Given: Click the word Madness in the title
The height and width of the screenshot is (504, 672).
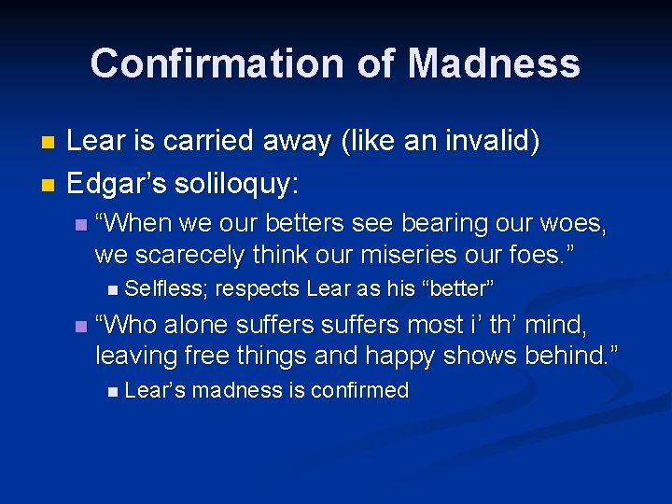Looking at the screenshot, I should pos(494,63).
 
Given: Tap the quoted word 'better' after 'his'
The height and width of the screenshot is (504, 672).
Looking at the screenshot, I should pos(459,287).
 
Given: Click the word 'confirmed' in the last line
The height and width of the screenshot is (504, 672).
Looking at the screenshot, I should pos(358,390).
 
